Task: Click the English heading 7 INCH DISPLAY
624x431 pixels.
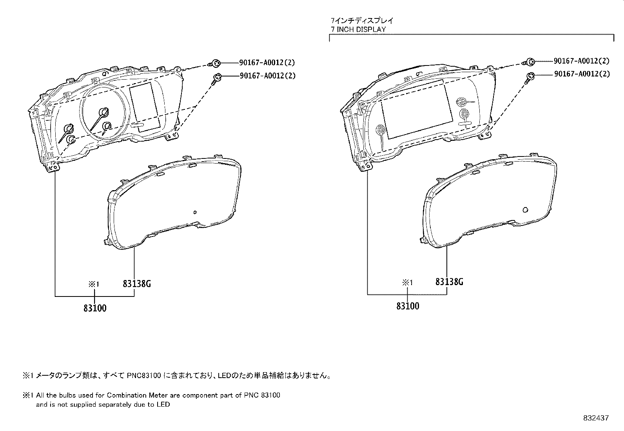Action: tap(358, 29)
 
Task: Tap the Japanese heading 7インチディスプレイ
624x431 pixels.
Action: tap(362, 20)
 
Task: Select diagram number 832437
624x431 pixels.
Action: tap(596, 418)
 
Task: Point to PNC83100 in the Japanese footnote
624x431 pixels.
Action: tap(144, 376)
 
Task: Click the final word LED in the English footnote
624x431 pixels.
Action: tap(163, 404)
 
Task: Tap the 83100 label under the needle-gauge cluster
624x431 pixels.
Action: tap(95, 308)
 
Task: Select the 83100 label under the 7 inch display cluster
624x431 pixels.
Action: tap(408, 306)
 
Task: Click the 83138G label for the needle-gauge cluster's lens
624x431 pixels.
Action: tap(137, 284)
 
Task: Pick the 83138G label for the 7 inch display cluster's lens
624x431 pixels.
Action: tap(449, 282)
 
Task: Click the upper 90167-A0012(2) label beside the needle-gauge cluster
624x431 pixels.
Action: tap(267, 62)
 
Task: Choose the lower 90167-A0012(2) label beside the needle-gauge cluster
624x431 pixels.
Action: tap(268, 76)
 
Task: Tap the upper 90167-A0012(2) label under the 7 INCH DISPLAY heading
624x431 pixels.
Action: tap(582, 61)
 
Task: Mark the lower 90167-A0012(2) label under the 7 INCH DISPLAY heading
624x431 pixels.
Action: tap(582, 74)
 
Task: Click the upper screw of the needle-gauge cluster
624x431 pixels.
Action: tap(215, 63)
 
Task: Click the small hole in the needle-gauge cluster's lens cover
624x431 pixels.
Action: tap(195, 213)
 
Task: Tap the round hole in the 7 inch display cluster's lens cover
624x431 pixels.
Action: tap(525, 210)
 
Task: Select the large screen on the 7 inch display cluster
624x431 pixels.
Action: tap(417, 109)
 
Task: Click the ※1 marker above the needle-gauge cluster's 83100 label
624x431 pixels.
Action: tap(94, 284)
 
